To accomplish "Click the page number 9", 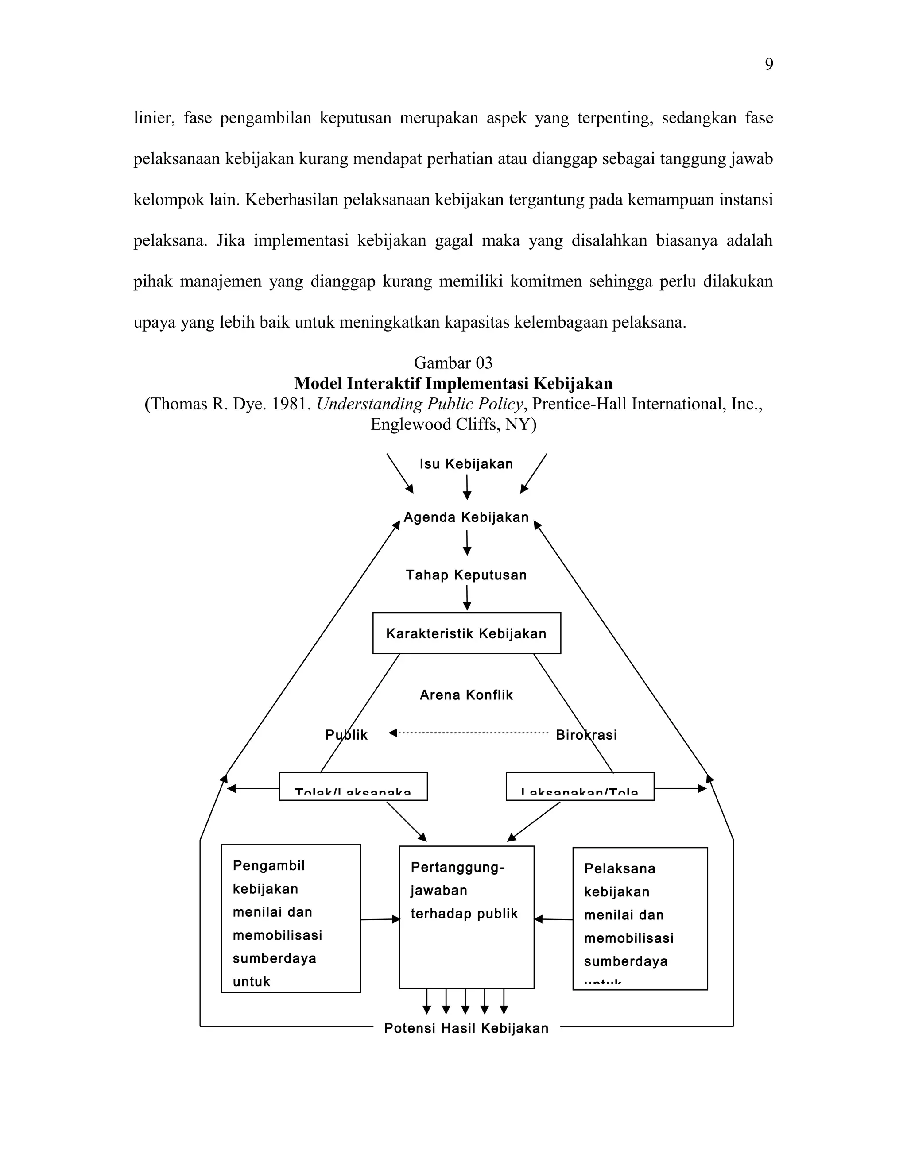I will [769, 65].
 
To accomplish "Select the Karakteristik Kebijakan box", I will [466, 633].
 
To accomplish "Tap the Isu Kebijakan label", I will [466, 464].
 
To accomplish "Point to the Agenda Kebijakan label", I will [466, 518].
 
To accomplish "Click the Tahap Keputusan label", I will [466, 575].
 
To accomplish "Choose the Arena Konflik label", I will [466, 695].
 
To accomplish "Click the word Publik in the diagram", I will [347, 735].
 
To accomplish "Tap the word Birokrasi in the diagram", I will [586, 735].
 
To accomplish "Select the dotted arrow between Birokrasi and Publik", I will [469, 733].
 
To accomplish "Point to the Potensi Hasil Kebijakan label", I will [466, 1029].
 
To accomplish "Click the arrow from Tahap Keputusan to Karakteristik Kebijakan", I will [467, 597].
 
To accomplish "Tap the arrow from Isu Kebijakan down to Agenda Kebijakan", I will [467, 486].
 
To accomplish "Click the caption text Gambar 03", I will [453, 363].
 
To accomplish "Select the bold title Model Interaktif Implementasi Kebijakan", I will [453, 383].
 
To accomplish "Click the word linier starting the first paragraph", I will [153, 118].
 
